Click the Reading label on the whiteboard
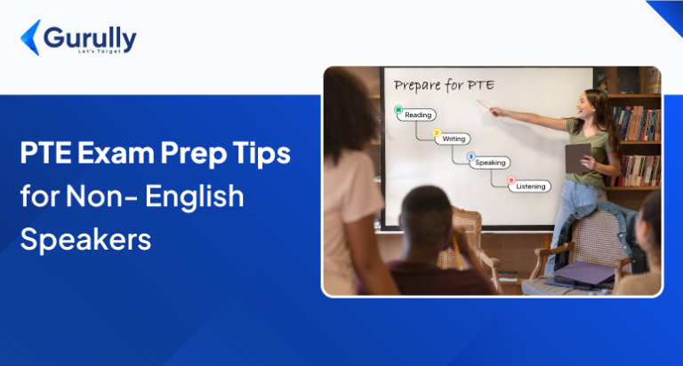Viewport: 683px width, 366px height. [x=418, y=115]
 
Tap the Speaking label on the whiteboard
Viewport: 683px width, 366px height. [x=490, y=163]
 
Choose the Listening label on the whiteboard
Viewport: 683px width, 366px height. [x=531, y=187]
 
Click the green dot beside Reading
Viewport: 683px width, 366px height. [x=398, y=109]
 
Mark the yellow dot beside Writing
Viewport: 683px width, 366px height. [x=437, y=133]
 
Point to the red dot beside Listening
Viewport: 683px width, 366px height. [x=511, y=180]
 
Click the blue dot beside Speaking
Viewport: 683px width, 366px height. [x=471, y=156]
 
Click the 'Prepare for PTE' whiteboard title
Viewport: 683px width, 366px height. [x=443, y=85]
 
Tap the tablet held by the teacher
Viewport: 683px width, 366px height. [x=578, y=157]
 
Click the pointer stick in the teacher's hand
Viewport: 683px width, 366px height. [x=486, y=107]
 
